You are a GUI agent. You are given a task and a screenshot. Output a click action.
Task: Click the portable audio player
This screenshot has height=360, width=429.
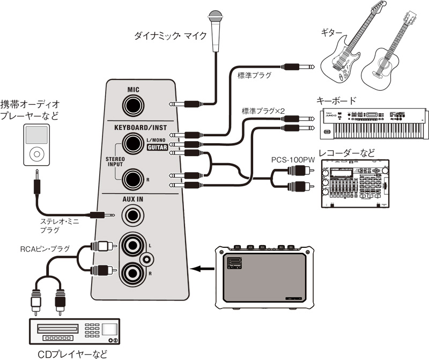pos(37,145)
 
